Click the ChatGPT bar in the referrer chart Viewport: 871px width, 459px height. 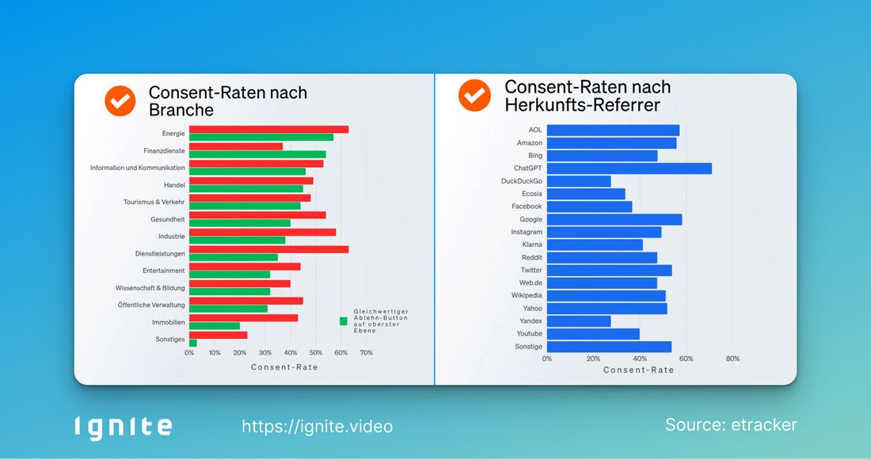pyautogui.click(x=629, y=169)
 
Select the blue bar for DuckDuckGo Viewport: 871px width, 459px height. pyautogui.click(x=579, y=181)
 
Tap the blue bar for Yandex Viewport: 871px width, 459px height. pyautogui.click(x=579, y=321)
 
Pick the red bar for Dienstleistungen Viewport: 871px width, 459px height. pyautogui.click(x=268, y=249)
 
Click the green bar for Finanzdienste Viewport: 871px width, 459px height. pyautogui.click(x=257, y=154)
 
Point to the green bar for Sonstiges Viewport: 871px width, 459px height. pyautogui.click(x=192, y=343)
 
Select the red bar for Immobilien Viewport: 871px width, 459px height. pyautogui.click(x=243, y=318)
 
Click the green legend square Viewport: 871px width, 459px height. pyautogui.click(x=344, y=321)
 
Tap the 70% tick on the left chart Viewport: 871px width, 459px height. pyautogui.click(x=367, y=353)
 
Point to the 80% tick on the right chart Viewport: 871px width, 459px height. pyautogui.click(x=732, y=359)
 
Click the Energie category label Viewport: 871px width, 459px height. pyautogui.click(x=173, y=134)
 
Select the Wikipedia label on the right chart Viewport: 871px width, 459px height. pyautogui.click(x=527, y=296)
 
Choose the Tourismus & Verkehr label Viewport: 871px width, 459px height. pyautogui.click(x=154, y=202)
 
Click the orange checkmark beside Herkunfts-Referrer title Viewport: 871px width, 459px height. pyautogui.click(x=475, y=96)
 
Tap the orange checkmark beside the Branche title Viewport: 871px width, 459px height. pyautogui.click(x=121, y=101)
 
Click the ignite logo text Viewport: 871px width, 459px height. pyautogui.click(x=123, y=427)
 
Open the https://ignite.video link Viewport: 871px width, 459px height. pyautogui.click(x=317, y=427)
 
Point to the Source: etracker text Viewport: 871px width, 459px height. pyautogui.click(x=731, y=425)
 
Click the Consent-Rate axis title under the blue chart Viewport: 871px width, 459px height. pyautogui.click(x=639, y=370)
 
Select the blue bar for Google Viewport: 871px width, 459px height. pyautogui.click(x=614, y=219)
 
